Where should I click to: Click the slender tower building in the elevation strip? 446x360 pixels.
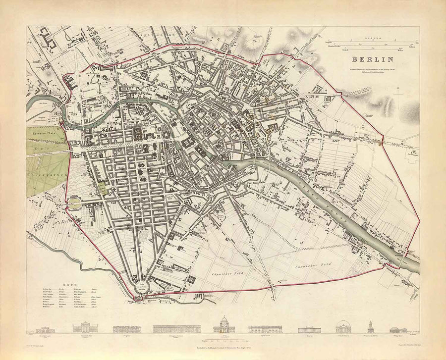[369, 324]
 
